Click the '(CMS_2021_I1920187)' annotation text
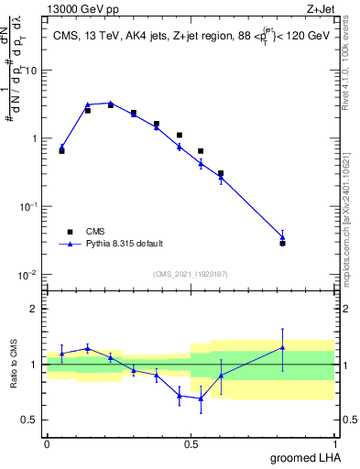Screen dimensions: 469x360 point(190,273)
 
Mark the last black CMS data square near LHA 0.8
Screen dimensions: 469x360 point(283,243)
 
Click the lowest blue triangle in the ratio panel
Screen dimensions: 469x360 point(201,398)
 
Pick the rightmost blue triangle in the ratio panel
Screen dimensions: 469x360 point(283,347)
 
